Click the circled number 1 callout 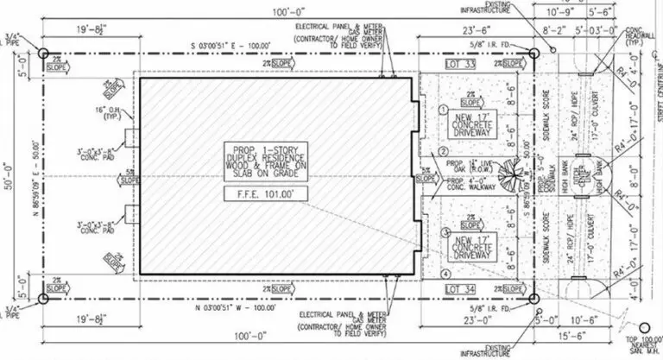(441, 111)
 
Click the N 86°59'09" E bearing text (38, 173)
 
